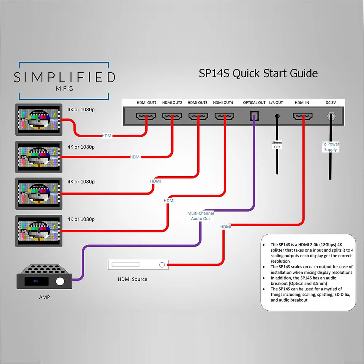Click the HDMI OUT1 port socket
pos(146,116)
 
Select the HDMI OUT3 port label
pos(197,103)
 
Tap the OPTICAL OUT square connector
pos(254,116)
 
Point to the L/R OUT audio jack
pos(277,116)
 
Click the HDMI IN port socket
pos(303,116)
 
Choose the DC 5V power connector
pos(331,116)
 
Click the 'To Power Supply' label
pos(330,147)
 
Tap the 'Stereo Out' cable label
pos(277,145)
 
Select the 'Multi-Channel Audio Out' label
pos(201,216)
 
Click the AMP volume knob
pos(60,281)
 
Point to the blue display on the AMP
pos(36,281)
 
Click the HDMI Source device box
pos(138,265)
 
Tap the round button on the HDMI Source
pos(162,265)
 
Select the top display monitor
pos(39,120)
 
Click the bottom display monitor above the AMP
pos(39,231)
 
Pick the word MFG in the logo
pos(64,89)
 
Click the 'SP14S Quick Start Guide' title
pos(258,73)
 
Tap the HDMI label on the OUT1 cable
pos(107,136)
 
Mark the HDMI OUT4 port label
pos(223,103)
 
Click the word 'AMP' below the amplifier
pos(44,297)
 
